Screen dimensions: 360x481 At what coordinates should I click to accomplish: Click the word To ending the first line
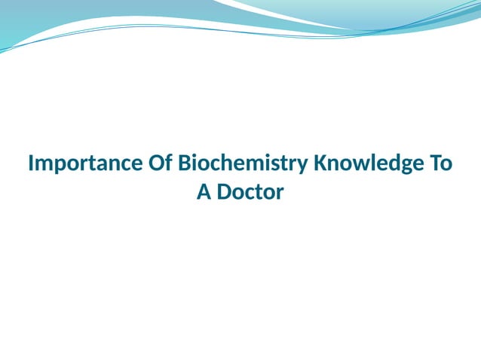[442, 163]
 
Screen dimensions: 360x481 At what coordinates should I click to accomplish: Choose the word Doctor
[250, 192]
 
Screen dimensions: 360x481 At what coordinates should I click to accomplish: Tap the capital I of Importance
[31, 163]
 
